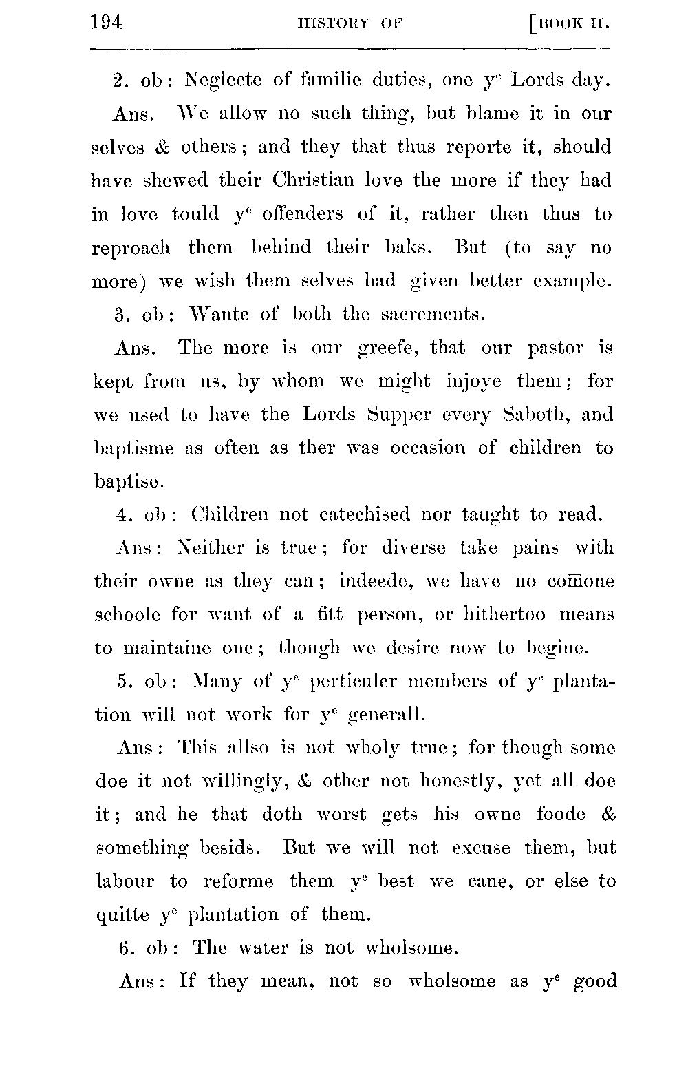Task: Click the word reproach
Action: (x=131, y=249)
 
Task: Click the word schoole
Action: (x=127, y=615)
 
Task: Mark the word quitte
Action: (x=123, y=916)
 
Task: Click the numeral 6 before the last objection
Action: (x=125, y=949)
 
